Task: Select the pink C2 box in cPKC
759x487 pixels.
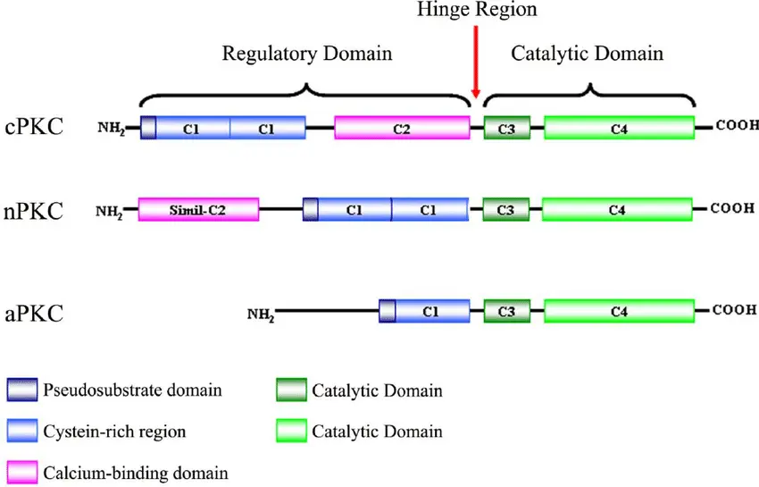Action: point(402,128)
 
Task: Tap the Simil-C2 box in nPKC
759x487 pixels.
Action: point(198,210)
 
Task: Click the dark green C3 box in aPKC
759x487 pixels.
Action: point(506,312)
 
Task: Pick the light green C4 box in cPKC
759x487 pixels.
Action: point(619,128)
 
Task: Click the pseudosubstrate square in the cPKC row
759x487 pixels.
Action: point(148,128)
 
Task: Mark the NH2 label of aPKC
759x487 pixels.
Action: point(261,313)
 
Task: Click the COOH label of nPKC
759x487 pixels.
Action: point(733,209)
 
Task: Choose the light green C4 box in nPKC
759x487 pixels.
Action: point(617,210)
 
